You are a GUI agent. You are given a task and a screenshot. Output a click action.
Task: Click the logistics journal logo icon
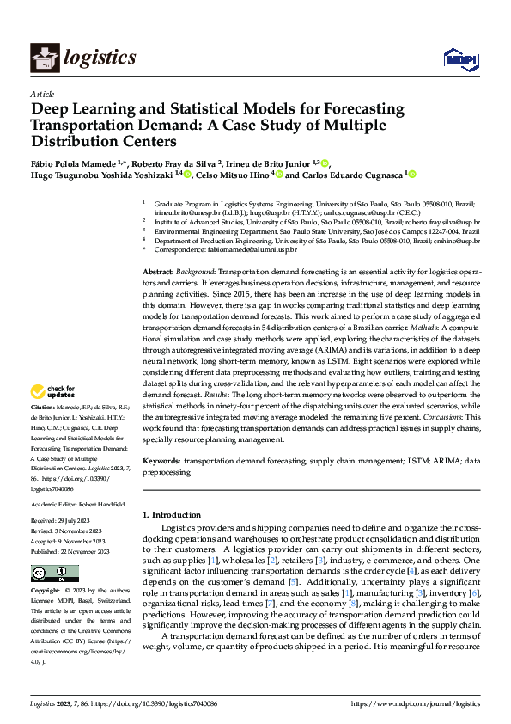pyautogui.click(x=44, y=58)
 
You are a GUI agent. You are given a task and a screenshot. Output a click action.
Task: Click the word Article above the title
pyautogui.click(x=41, y=94)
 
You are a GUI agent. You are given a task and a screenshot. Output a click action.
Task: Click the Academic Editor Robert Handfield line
pyautogui.click(x=77, y=503)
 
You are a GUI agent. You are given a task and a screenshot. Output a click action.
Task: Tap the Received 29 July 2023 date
pyautogui.click(x=70, y=521)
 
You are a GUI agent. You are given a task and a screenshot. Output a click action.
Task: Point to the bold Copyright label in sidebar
pyautogui.click(x=46, y=592)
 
